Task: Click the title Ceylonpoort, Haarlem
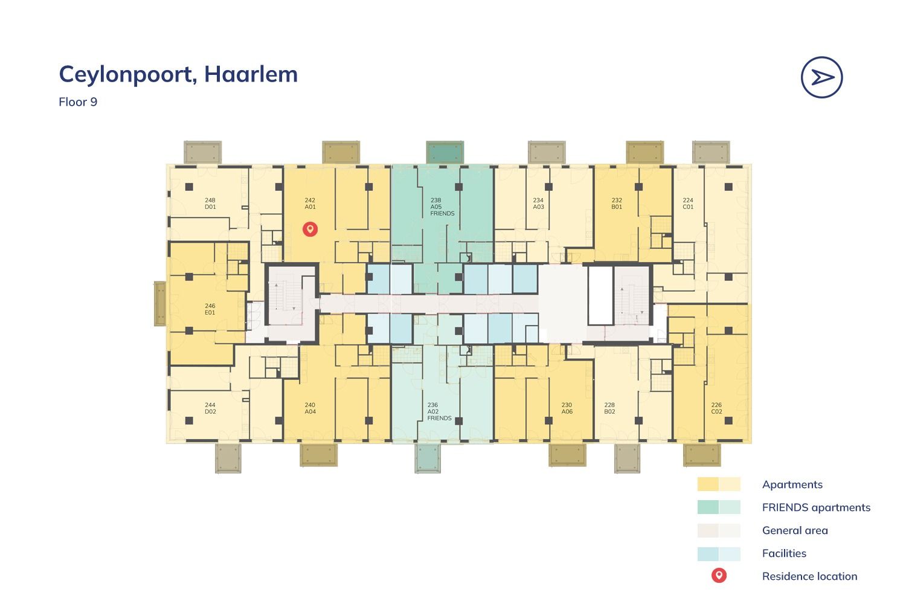pos(178,75)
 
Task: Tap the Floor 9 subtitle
pos(78,102)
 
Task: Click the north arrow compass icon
pos(821,77)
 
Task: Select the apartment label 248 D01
pos(210,204)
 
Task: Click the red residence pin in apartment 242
pos(310,230)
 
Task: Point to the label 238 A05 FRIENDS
pos(442,207)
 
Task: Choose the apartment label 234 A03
pos(538,204)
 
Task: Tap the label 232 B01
pos(617,204)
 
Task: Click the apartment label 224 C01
pos(688,204)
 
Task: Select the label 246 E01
pos(210,309)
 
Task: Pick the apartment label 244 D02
pos(210,408)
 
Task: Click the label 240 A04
pos(310,408)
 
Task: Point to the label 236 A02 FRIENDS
pos(439,411)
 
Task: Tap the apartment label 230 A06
pos(567,408)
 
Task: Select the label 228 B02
pos(609,408)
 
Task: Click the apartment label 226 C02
pos(717,408)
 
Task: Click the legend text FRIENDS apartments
pos(816,508)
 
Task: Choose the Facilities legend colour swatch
pos(719,554)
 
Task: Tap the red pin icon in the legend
pos(719,576)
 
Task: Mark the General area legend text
pos(795,530)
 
